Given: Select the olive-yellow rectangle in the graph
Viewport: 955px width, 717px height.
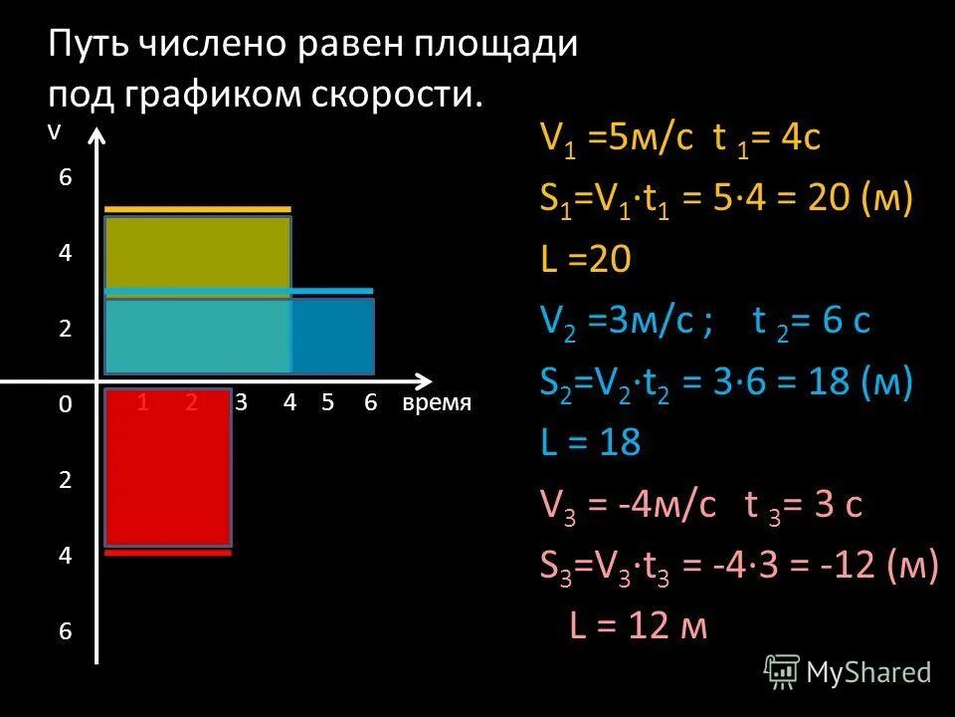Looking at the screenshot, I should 198,254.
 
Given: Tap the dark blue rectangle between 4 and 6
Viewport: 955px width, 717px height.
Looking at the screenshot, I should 332,336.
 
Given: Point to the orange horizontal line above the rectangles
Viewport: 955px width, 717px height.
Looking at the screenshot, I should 198,209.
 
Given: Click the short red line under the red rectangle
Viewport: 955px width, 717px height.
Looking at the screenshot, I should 168,553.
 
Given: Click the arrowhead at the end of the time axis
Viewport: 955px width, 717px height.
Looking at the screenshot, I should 425,380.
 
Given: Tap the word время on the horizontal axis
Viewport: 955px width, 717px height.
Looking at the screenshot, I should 437,403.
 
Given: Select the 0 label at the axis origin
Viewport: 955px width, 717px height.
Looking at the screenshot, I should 65,404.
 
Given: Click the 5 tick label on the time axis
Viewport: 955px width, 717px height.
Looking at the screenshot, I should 328,403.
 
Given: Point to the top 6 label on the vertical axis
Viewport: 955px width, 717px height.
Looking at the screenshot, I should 65,178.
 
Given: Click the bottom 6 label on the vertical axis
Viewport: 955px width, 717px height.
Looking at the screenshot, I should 65,631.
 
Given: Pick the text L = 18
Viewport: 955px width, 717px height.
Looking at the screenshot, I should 590,442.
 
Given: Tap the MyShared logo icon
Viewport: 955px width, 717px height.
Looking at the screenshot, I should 782,672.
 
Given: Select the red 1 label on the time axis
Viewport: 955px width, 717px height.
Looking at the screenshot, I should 144,403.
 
